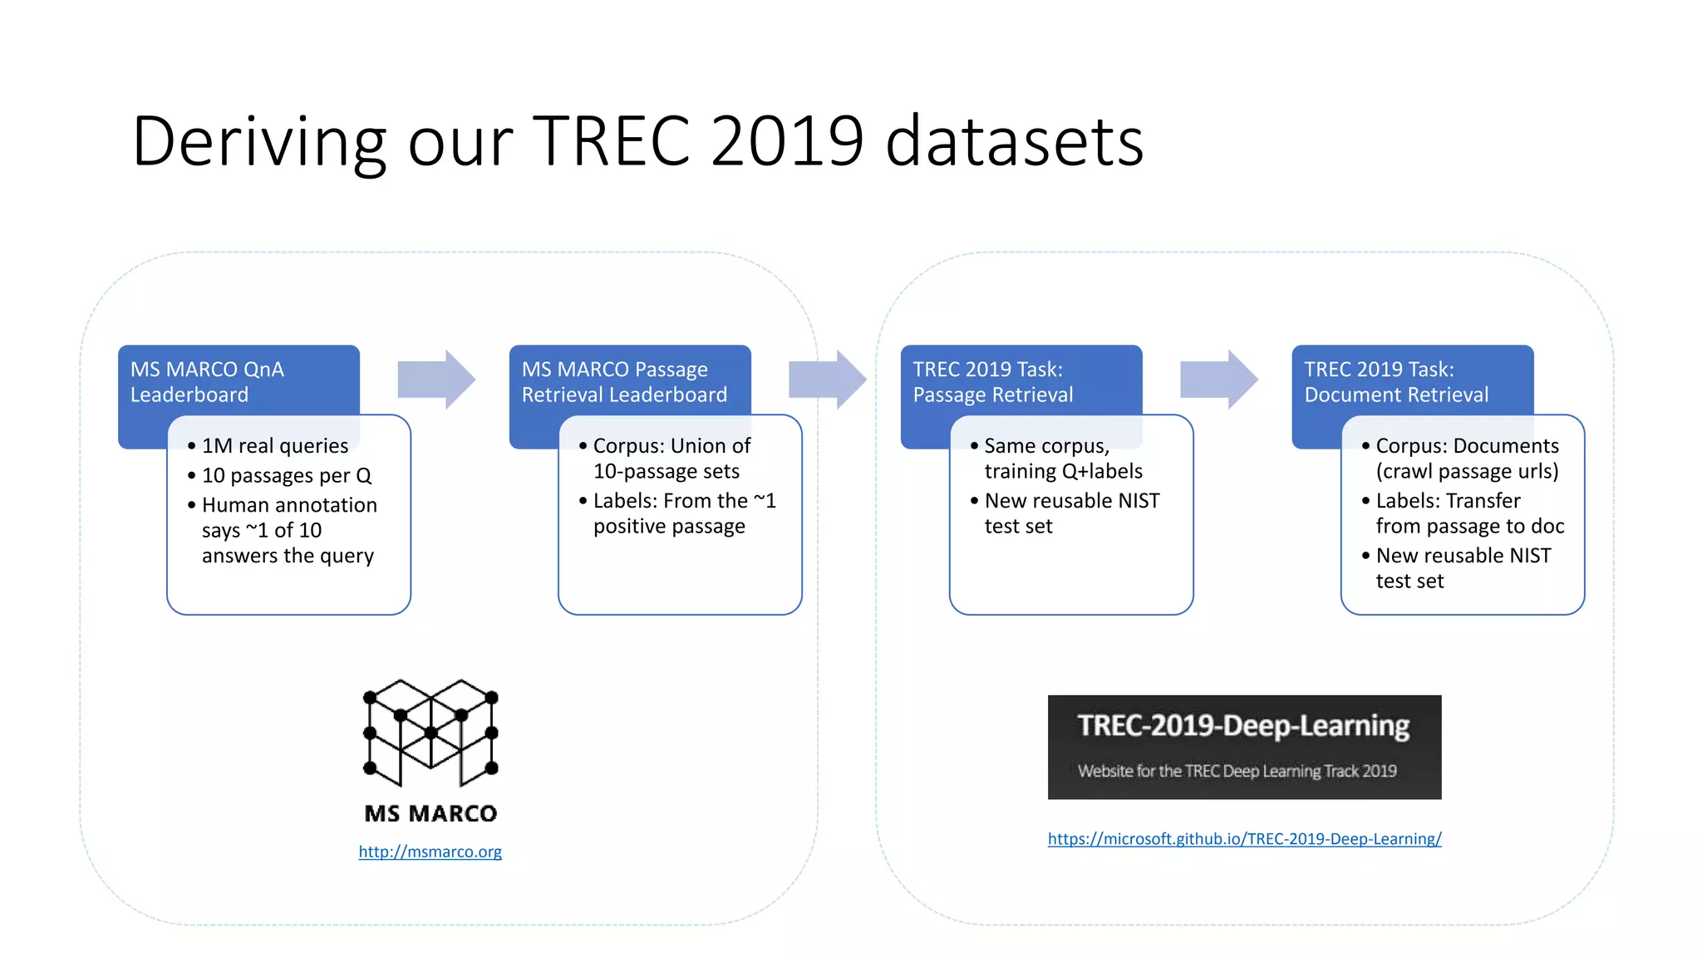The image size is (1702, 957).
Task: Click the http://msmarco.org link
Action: pos(430,851)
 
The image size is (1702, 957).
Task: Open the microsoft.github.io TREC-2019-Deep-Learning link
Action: pos(1244,839)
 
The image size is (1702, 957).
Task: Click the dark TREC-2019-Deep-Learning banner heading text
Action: pos(1243,726)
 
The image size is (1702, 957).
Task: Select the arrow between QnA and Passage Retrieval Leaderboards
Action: pos(436,380)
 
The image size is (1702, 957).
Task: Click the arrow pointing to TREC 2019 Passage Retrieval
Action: pos(827,380)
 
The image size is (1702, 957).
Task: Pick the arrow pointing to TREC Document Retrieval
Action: pos(1218,380)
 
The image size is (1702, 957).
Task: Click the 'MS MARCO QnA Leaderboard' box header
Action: pos(208,381)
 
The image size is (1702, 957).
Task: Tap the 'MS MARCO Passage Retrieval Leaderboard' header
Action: pos(624,381)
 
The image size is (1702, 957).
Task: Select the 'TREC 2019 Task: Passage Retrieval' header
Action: pos(993,381)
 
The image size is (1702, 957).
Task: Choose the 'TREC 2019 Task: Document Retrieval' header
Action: pos(1396,381)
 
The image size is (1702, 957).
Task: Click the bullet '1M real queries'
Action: pos(275,446)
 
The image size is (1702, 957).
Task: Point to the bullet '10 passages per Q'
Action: pos(287,476)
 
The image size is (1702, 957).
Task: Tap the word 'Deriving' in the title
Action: pos(258,141)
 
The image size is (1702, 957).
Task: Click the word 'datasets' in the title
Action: pos(1014,141)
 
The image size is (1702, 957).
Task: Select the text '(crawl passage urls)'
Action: pos(1467,472)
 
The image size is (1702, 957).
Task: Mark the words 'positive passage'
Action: pos(669,527)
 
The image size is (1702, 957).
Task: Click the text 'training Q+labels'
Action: pos(1063,472)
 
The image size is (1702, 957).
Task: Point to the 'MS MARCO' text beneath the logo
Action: pos(430,813)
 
